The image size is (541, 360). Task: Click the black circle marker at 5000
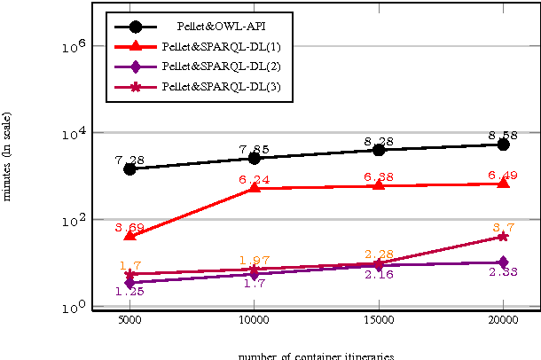click(129, 168)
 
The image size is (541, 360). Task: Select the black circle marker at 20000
click(504, 144)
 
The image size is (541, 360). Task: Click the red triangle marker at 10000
click(255, 188)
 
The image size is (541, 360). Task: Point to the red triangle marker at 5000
click(129, 235)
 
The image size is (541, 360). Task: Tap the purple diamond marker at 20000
click(504, 262)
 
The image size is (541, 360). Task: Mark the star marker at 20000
click(504, 237)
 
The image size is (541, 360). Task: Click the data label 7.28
click(129, 160)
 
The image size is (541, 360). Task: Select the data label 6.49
click(503, 175)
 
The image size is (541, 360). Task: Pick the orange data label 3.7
click(504, 227)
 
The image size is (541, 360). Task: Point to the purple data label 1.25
click(129, 292)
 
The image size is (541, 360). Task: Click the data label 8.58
click(503, 136)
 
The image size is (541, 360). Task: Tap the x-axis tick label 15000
click(379, 323)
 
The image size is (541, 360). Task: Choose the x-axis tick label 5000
click(129, 323)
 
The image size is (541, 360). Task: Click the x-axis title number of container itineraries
click(316, 356)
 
